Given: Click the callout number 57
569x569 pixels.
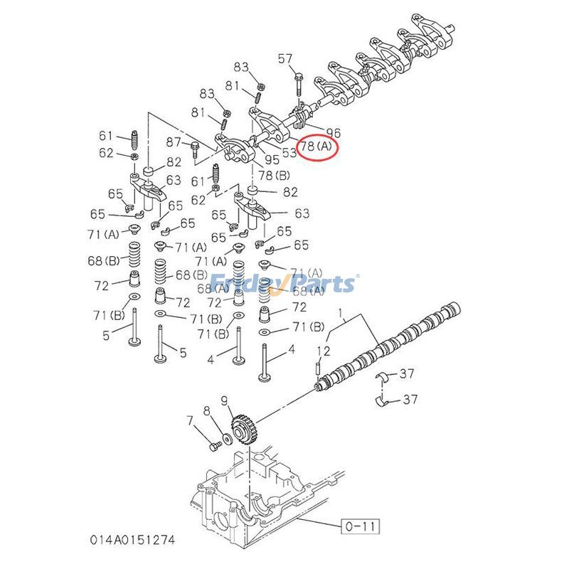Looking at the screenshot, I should coord(285,58).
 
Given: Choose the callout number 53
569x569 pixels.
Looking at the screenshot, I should coord(289,151).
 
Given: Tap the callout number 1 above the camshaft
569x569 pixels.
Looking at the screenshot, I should coord(340,312).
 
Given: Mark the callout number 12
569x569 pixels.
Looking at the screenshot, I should coord(324,351).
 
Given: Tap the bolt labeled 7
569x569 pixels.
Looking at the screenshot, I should coord(213,445).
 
